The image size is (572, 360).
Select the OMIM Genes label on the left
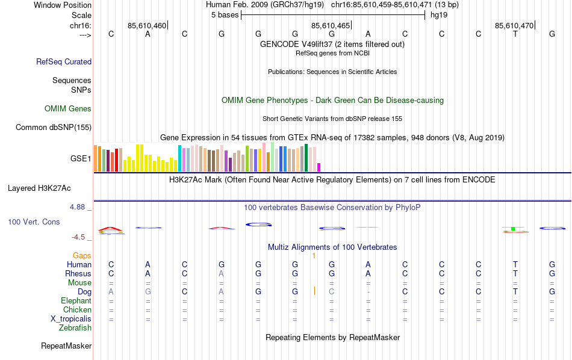tap(68, 109)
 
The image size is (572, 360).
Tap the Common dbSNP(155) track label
tap(54, 127)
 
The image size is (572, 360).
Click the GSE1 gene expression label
tap(81, 159)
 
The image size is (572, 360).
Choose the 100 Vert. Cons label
tap(34, 222)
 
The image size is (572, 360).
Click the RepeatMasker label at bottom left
tap(66, 346)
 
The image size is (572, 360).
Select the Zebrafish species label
tap(75, 328)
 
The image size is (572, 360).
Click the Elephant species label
tap(76, 301)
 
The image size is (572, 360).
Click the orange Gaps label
tap(82, 256)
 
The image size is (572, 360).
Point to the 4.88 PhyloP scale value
tap(78, 207)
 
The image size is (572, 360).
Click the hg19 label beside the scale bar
tap(438, 15)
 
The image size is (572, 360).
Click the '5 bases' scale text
tap(225, 15)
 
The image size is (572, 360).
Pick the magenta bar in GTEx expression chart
tap(319, 167)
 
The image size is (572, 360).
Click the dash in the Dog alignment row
tap(368, 292)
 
